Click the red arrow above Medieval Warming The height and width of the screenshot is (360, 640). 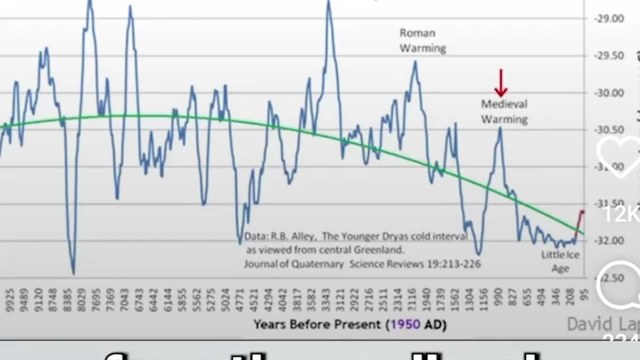(x=500, y=83)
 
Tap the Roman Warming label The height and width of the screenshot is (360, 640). (x=422, y=40)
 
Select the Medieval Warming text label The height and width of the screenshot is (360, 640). (x=504, y=111)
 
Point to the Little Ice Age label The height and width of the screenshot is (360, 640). (x=560, y=261)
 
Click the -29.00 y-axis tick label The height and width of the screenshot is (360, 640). (x=609, y=18)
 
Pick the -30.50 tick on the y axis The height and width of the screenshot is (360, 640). (x=609, y=129)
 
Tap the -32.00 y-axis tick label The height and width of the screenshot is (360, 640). (x=609, y=240)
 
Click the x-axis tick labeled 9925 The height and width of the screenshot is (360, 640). (x=8, y=299)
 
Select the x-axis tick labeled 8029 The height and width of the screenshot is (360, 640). (x=81, y=299)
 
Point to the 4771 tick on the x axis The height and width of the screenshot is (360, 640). (x=239, y=299)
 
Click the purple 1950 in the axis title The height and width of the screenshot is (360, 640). (x=405, y=324)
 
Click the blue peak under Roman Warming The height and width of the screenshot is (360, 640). (x=415, y=63)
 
